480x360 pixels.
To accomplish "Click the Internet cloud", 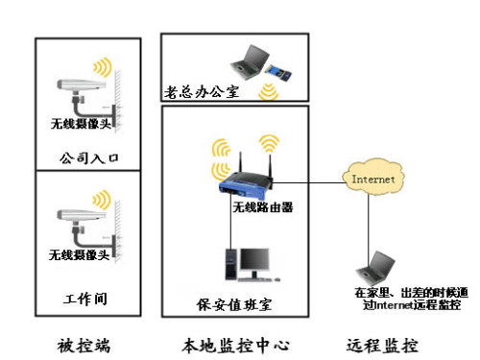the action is click(373, 179).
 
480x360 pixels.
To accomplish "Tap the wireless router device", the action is click(247, 183).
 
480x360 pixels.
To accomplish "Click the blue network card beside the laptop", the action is click(278, 72).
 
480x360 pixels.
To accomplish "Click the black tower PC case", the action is click(231, 265).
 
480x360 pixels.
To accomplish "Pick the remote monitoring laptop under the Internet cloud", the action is click(375, 268).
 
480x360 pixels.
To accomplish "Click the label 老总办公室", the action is click(202, 92).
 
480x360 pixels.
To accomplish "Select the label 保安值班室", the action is click(234, 304).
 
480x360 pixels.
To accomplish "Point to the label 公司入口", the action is click(89, 158).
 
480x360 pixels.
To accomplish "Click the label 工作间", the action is click(85, 299).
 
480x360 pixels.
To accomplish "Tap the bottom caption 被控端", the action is click(84, 346).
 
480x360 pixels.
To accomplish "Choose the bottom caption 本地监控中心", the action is click(236, 346).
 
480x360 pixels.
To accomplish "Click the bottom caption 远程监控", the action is click(382, 346).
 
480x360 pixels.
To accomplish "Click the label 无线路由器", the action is click(263, 207).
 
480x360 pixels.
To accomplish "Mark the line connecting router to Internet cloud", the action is click(308, 183).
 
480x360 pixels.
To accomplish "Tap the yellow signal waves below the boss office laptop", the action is click(269, 92).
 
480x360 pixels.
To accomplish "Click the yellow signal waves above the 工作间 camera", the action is click(102, 199).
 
